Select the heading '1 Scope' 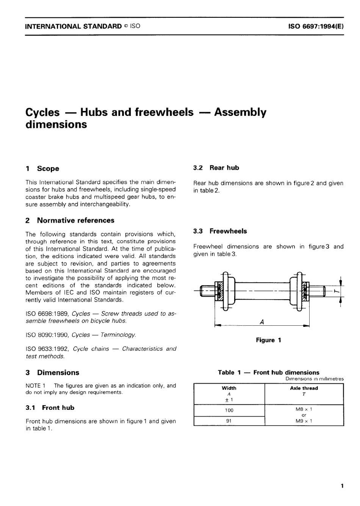42,169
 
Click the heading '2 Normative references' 70,220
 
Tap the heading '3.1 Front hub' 50,408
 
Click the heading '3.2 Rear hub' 216,168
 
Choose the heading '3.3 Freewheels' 220,231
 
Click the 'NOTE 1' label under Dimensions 36,386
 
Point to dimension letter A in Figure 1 262,322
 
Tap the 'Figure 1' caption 268,340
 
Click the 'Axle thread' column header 304,388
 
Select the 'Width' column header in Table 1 229,388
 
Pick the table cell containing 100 229,410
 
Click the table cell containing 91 229,421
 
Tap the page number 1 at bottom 342,486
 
